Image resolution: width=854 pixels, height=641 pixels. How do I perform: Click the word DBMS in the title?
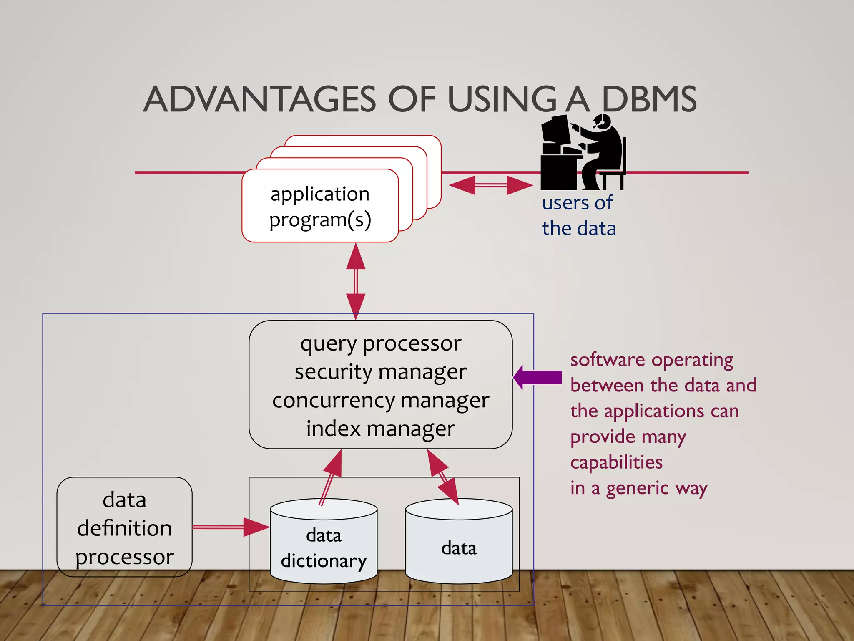pyautogui.click(x=649, y=99)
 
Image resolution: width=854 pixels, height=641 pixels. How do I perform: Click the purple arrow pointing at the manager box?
pyautogui.click(x=538, y=377)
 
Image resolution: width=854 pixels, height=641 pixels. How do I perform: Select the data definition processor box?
pyautogui.click(x=124, y=527)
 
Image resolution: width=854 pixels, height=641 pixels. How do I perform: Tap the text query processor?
pyautogui.click(x=380, y=344)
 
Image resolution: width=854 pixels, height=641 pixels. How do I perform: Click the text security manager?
pyautogui.click(x=380, y=372)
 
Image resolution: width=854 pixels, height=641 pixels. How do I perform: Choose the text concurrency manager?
pyautogui.click(x=380, y=401)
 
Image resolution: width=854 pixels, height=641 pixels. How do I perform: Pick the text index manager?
pyautogui.click(x=380, y=429)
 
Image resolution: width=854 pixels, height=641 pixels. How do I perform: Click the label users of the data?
pyautogui.click(x=578, y=216)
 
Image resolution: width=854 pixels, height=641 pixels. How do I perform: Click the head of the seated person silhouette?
pyautogui.click(x=603, y=121)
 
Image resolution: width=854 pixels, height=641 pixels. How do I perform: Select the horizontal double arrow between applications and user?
pyautogui.click(x=491, y=185)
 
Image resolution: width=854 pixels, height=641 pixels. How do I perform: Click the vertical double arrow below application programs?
pyautogui.click(x=356, y=281)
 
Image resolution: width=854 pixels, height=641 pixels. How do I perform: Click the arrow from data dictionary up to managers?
pyautogui.click(x=331, y=477)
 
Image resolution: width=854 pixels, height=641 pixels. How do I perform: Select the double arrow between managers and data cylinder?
pyautogui.click(x=443, y=477)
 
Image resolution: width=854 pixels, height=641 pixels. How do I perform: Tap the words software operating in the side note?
pyautogui.click(x=651, y=360)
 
